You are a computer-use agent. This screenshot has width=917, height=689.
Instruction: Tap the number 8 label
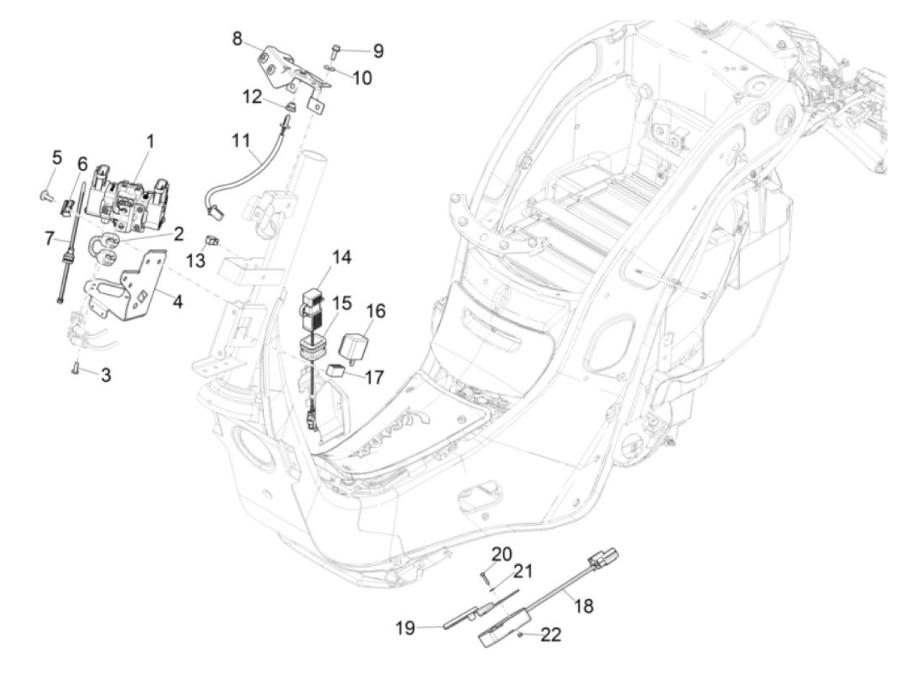coord(236,38)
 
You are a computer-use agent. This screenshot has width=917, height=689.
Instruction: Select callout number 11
coord(241,140)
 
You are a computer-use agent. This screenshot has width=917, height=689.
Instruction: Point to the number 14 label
coord(341,257)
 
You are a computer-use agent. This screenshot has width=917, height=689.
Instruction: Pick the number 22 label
coord(552,635)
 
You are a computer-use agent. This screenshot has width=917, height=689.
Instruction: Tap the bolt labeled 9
coord(336,48)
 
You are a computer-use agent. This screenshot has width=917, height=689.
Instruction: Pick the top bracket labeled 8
coord(286,67)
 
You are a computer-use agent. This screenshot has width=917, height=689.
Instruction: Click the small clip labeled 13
coord(212,240)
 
